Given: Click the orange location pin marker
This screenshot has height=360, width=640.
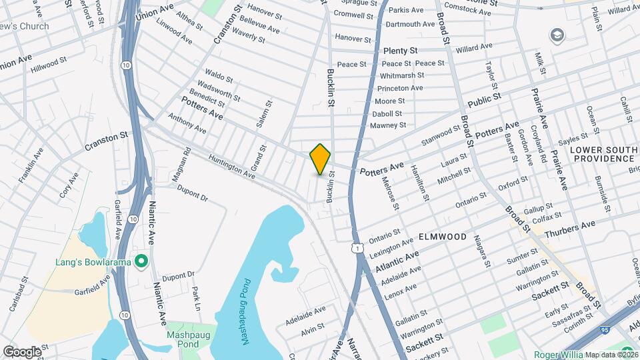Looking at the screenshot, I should (x=321, y=159).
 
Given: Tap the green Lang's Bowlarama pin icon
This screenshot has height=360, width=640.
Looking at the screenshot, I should (x=141, y=261).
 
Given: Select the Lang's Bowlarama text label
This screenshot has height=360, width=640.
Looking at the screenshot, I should (x=91, y=261).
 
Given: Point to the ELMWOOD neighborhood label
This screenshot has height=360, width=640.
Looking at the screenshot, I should (x=443, y=237).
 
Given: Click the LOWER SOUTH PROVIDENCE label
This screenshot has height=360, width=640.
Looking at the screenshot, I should (x=603, y=154).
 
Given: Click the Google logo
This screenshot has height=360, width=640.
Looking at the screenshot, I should (x=21, y=351).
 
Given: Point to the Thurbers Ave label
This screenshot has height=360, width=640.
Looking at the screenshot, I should (x=569, y=229).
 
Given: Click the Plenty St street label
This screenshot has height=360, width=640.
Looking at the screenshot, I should (x=400, y=51).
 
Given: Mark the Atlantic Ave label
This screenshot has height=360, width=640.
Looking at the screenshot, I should (x=397, y=261).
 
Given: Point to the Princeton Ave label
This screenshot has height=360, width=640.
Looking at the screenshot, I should (x=400, y=88).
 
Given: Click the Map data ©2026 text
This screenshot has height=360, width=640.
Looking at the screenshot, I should (x=611, y=354).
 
